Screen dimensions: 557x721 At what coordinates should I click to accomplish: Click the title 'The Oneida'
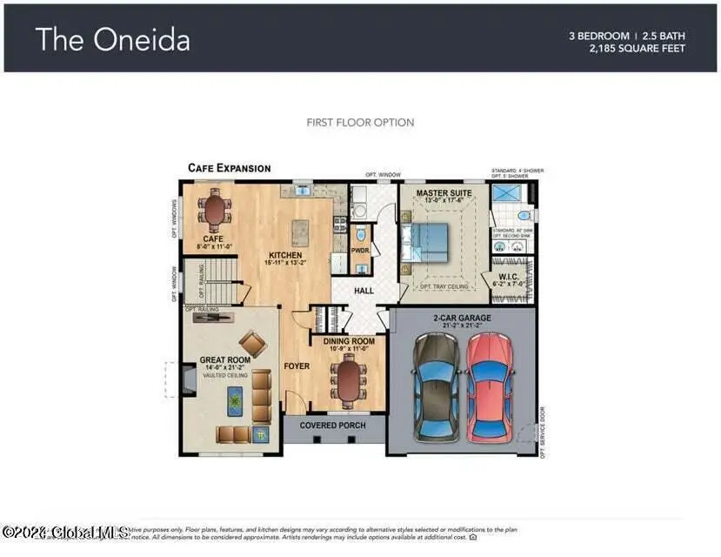tap(112, 40)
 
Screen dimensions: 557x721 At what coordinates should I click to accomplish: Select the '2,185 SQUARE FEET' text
tap(637, 49)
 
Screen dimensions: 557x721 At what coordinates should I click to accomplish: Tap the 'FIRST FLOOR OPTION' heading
tap(360, 123)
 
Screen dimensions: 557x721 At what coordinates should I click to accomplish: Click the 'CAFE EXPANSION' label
tap(230, 168)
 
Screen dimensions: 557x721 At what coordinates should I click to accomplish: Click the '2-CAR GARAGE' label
tap(462, 319)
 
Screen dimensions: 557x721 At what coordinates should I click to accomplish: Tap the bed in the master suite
tap(428, 239)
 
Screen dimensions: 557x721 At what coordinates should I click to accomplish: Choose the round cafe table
tap(214, 208)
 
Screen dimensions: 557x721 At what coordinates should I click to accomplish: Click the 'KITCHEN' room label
tap(284, 256)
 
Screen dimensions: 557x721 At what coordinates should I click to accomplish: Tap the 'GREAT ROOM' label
tap(224, 359)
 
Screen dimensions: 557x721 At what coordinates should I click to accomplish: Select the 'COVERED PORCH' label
tap(332, 426)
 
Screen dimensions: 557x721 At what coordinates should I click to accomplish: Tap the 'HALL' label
tap(364, 294)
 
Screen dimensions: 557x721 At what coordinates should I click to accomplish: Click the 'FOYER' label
tap(296, 366)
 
